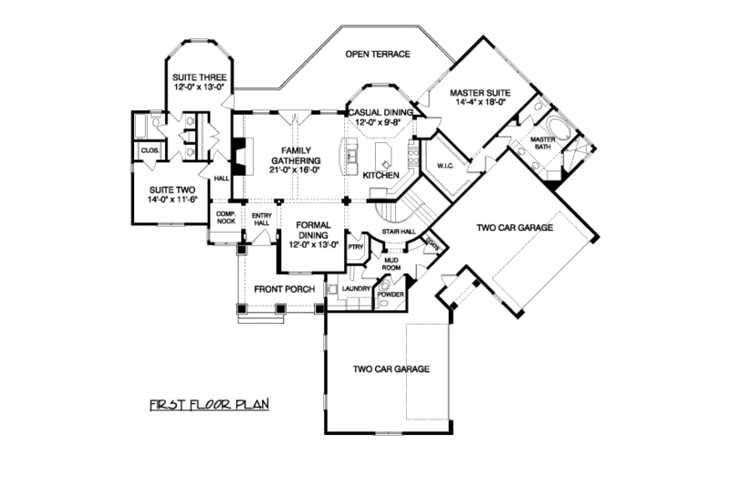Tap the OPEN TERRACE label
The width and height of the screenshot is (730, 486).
pyautogui.click(x=377, y=55)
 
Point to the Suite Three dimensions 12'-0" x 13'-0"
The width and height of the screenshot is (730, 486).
pyautogui.click(x=199, y=88)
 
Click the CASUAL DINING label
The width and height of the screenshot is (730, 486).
pyautogui.click(x=381, y=112)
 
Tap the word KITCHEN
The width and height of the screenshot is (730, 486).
pyautogui.click(x=381, y=174)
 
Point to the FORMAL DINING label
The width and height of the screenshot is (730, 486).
pyautogui.click(x=313, y=233)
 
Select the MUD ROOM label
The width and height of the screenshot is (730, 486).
pyautogui.click(x=391, y=264)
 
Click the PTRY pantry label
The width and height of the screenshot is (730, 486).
pyautogui.click(x=355, y=245)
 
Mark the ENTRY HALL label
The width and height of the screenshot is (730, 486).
pyautogui.click(x=262, y=220)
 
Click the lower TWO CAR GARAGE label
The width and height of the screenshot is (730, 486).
pyautogui.click(x=391, y=369)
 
